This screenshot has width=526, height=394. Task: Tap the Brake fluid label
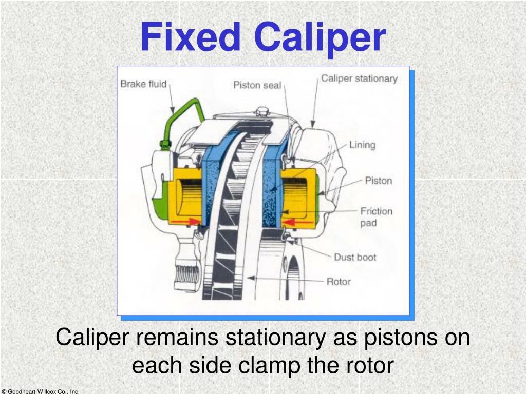pos(143,84)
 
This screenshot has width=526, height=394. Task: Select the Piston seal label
pos(257,85)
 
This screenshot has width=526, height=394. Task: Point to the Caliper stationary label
pos(359,78)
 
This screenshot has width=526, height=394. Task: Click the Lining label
pos(362,145)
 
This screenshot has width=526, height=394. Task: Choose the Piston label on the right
pos(378,181)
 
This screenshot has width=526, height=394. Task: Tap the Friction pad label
pos(376,216)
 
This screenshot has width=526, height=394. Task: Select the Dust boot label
pos(355,257)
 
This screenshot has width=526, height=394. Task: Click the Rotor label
pos(339,281)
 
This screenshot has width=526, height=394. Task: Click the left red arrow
pos(186,221)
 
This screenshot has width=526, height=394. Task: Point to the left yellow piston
pos(188,198)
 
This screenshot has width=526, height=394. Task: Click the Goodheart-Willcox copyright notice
pos(40,391)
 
